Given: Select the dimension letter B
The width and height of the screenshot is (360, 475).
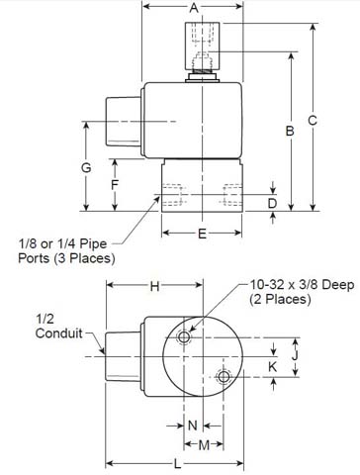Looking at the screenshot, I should pos(289,131).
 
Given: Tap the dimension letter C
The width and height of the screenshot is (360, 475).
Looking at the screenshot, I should pos(314,120).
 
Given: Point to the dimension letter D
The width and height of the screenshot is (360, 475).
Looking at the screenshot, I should pos(274,203).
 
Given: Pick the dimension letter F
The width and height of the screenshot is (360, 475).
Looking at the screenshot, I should pos(115,184).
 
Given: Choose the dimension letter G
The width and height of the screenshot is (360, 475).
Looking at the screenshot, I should pos(87,168).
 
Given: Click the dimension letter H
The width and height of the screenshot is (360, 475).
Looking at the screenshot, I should pos(154,287).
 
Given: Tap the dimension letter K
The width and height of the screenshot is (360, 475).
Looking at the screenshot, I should pos(274,366).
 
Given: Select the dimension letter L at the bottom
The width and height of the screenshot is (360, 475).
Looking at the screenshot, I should pos(175,463).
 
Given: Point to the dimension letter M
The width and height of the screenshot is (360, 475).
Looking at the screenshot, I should pos(205,445).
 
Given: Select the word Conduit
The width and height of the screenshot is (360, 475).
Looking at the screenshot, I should pos(58,333).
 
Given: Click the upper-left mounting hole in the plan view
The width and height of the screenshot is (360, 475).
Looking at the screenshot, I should pos(184,338).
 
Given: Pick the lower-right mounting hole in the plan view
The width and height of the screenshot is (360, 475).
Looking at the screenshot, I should pos(225,377).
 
